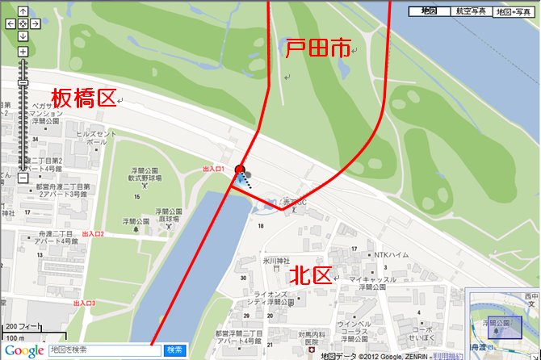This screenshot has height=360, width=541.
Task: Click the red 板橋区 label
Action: click(x=84, y=98)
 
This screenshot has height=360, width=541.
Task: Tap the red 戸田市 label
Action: click(x=317, y=48)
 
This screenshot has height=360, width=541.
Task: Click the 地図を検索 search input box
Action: click(x=105, y=350)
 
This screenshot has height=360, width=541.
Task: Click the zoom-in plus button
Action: click(x=23, y=52)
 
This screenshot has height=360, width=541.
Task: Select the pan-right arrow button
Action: click(x=34, y=23)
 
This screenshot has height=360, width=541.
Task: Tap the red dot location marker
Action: click(x=239, y=169)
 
